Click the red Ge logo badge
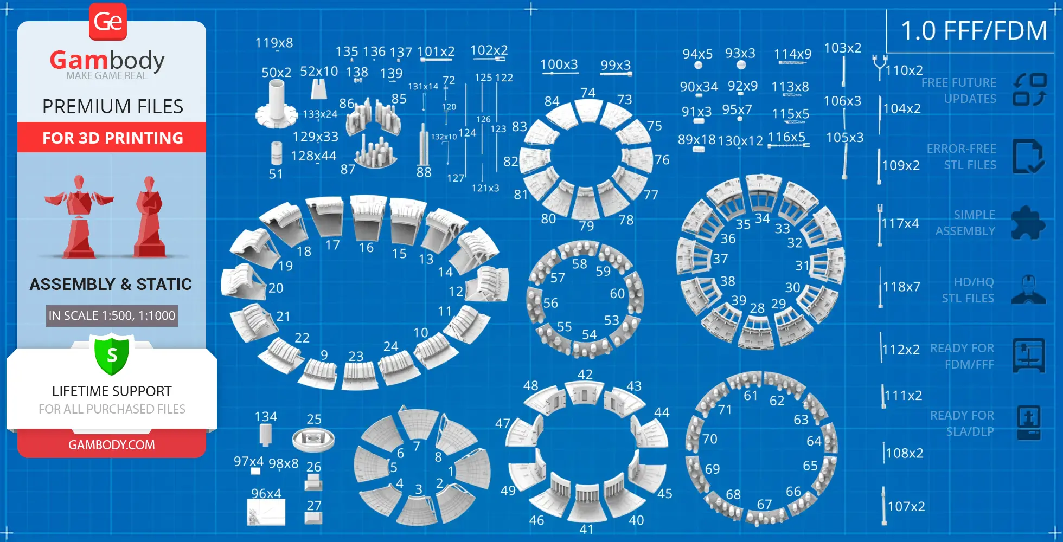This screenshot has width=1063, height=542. pyautogui.click(x=108, y=22)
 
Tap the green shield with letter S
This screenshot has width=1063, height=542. pyautogui.click(x=112, y=356)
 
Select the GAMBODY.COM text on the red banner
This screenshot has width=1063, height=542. pyautogui.click(x=112, y=445)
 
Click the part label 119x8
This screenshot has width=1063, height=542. pyautogui.click(x=274, y=43)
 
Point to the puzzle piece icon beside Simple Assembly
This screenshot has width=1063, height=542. pyautogui.click(x=1028, y=223)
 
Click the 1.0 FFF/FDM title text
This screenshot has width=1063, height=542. pyautogui.click(x=974, y=31)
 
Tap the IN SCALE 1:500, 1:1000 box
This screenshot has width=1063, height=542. pyautogui.click(x=112, y=315)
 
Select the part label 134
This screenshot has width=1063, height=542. pyautogui.click(x=266, y=416)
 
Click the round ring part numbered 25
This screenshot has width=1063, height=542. pyautogui.click(x=313, y=440)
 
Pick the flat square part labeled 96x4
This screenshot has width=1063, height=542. pyautogui.click(x=266, y=512)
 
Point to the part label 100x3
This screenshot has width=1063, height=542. pyautogui.click(x=559, y=64)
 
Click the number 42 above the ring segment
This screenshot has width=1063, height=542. pyautogui.click(x=585, y=375)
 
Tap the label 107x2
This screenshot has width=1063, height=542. pyautogui.click(x=906, y=506)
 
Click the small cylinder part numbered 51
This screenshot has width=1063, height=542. pyautogui.click(x=277, y=153)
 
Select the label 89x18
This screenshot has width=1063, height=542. pyautogui.click(x=696, y=140)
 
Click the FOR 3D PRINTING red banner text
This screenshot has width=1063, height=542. pyautogui.click(x=113, y=138)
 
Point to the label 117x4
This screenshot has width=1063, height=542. pyautogui.click(x=900, y=223)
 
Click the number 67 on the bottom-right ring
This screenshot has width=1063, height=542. pyautogui.click(x=764, y=505)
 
